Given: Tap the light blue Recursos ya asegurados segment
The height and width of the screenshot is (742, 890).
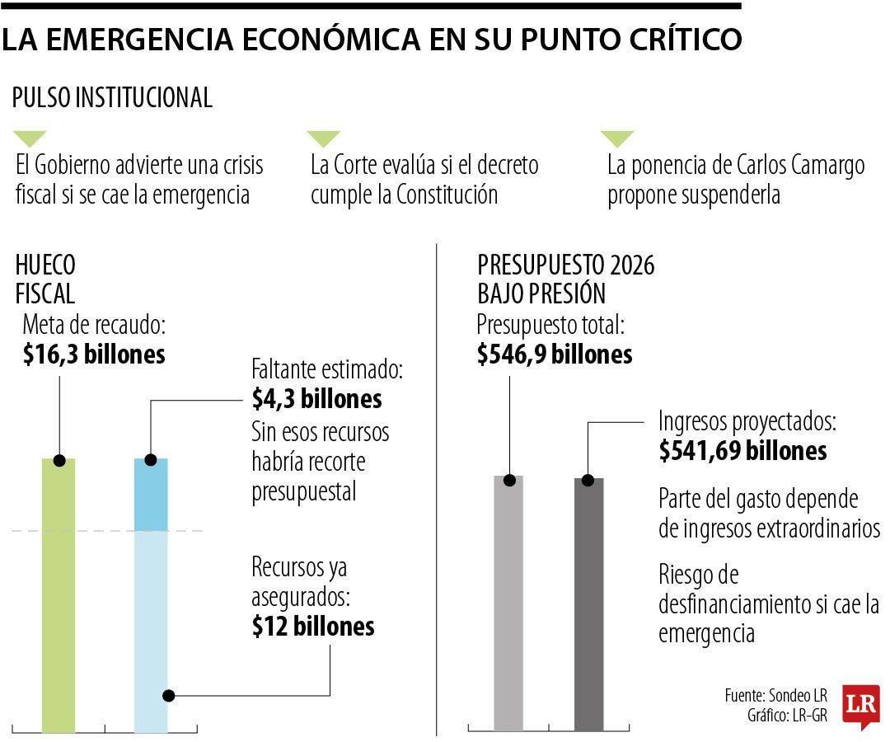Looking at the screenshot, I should click(x=151, y=627).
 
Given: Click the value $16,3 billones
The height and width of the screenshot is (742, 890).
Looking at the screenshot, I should click(x=94, y=355).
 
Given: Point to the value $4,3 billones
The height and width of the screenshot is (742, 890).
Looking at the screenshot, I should click(x=316, y=399).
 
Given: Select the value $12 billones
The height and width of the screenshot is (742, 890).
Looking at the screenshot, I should click(x=313, y=626).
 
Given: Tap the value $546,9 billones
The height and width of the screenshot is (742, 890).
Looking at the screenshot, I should click(x=555, y=355).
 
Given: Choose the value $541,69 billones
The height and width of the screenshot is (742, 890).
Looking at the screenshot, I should click(x=742, y=451).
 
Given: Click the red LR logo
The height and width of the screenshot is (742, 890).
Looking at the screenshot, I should click(x=860, y=706).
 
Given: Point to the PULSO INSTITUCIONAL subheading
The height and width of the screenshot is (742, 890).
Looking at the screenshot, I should click(x=112, y=97).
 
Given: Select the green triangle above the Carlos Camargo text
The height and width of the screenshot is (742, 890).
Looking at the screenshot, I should click(x=617, y=139).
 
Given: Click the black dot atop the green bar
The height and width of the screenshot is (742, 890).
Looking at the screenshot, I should click(x=59, y=459).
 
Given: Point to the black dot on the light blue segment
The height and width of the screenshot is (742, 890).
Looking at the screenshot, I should click(x=168, y=696).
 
